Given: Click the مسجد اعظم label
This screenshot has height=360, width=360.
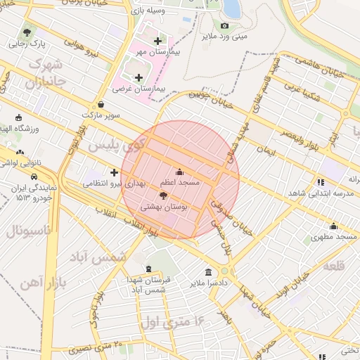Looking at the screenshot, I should [x=181, y=182].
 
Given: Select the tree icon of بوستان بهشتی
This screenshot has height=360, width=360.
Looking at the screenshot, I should [x=164, y=196].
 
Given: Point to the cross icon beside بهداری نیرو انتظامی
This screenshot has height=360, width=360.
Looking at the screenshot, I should [x=114, y=172].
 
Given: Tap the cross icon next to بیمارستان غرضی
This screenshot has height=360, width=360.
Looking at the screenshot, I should [x=138, y=77].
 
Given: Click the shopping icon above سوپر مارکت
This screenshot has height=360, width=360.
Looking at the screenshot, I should [x=101, y=104].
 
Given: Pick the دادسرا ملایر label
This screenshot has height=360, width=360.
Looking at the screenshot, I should [x=209, y=283].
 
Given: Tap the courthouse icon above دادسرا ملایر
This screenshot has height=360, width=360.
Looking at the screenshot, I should [x=208, y=273].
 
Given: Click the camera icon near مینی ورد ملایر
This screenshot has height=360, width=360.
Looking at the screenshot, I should [x=224, y=26].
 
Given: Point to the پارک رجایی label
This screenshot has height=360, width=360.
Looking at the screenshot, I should [x=27, y=43].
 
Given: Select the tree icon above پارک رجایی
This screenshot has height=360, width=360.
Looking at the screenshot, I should [x=27, y=32].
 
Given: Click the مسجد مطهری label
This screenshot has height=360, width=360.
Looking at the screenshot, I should [x=334, y=237].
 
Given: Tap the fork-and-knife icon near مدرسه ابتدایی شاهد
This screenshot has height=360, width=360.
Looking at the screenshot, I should [x=321, y=181].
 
